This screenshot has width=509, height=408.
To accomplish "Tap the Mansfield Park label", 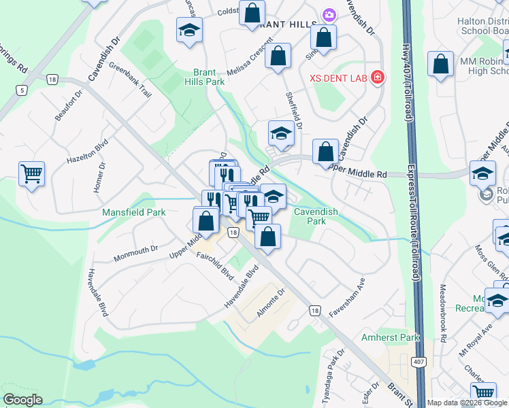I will pyautogui.click(x=134, y=212).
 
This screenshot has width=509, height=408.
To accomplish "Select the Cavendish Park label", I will pyautogui.click(x=315, y=216).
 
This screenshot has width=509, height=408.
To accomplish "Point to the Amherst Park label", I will pyautogui.click(x=391, y=337).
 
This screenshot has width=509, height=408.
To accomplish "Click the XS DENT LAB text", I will pyautogui.click(x=339, y=79).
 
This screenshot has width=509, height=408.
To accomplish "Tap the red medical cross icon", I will pyautogui.click(x=377, y=79).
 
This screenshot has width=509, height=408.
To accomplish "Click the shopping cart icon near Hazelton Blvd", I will pyautogui.click(x=31, y=175).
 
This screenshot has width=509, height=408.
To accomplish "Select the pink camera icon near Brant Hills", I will pyautogui.click(x=329, y=14).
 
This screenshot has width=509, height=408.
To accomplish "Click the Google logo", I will pyautogui.click(x=22, y=400).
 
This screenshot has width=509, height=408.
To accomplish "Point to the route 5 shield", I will pyautogui.click(x=22, y=90).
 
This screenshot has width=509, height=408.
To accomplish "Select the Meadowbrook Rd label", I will pyautogui.click(x=444, y=313).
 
